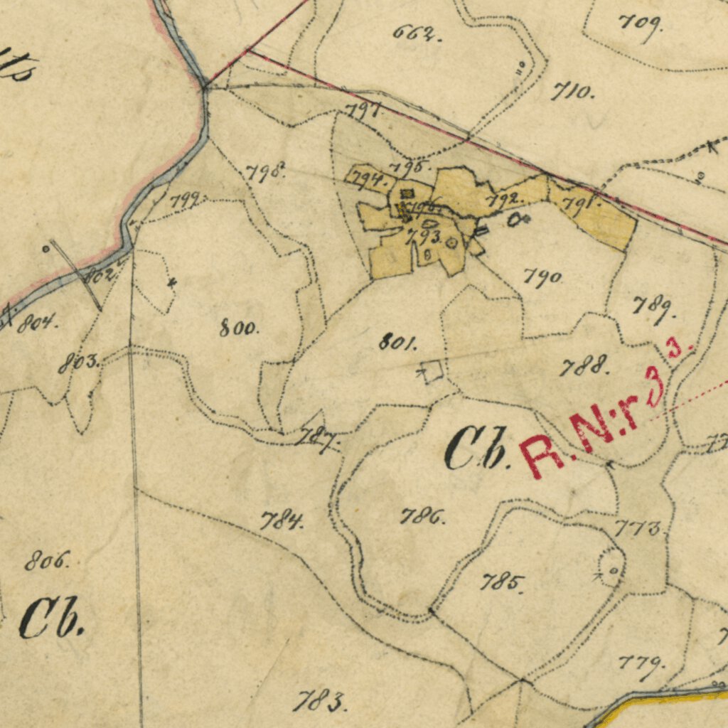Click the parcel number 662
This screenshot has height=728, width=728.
(416, 33)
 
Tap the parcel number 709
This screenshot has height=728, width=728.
(640, 24)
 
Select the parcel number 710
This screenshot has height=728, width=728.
(572, 91)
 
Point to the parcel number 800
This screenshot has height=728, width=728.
(240, 328)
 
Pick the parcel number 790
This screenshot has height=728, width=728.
(543, 277)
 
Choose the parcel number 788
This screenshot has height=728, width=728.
(584, 367)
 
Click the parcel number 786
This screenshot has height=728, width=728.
(422, 516)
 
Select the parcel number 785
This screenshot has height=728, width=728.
(503, 583)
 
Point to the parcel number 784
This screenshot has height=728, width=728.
(282, 521)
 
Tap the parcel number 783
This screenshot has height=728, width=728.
(319, 702)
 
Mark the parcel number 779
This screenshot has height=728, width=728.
(641, 663)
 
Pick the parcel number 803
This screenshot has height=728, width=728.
(78, 363)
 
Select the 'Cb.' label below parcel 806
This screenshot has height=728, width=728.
(52, 618)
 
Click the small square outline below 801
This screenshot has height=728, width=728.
(432, 372)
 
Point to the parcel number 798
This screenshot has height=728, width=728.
(265, 171)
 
